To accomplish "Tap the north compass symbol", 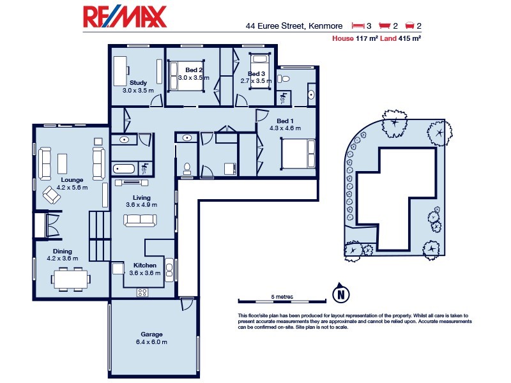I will (x=342, y=294).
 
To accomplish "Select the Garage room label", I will (x=151, y=334).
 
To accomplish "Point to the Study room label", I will (x=138, y=83).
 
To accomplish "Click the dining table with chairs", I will (x=71, y=278).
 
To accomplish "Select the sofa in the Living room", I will (x=141, y=220).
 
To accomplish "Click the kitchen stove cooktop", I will (x=142, y=292).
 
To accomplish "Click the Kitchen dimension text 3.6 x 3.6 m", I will (x=142, y=273).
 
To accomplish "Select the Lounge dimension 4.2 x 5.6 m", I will (x=72, y=188).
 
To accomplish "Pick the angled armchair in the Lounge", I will (x=52, y=195).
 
